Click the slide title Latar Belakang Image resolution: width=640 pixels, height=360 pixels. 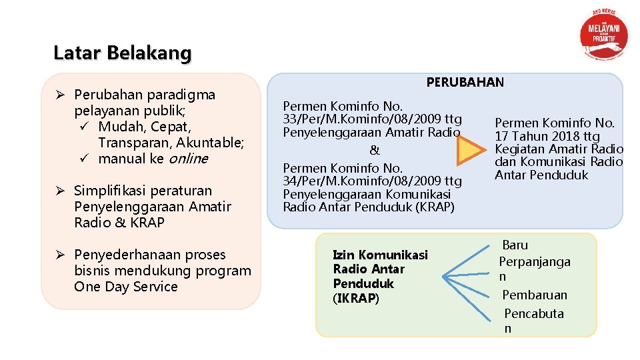coord(122,53)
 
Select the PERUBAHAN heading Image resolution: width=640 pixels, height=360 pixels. coord(465,83)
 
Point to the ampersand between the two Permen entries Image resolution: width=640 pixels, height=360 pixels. coord(375,151)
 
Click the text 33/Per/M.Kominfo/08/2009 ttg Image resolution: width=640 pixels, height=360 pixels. coord(372,119)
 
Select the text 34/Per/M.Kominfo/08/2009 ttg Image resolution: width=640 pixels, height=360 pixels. coord(372,181)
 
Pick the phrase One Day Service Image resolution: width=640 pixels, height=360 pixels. coord(126,287)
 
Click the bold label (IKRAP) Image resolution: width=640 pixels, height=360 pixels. coord(355,298)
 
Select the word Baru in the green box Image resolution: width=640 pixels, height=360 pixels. coord(515,245)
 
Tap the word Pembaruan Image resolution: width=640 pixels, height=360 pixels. coord(534,295)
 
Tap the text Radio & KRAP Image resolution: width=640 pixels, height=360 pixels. coord(119,223)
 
